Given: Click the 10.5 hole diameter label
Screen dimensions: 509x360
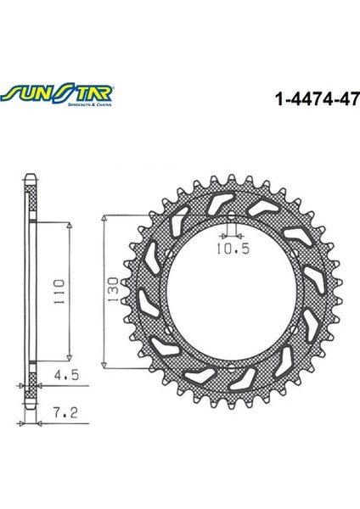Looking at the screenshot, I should [229, 249].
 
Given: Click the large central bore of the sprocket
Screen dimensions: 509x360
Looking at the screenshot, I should [230, 288].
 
